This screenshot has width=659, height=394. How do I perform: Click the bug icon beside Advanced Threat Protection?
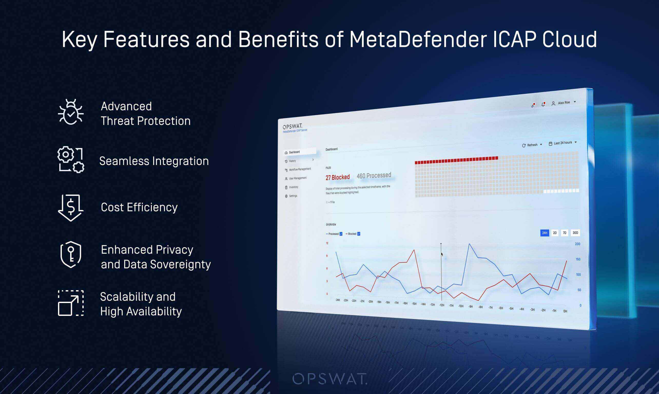[x=71, y=112]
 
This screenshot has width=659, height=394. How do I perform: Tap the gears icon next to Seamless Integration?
[x=71, y=160]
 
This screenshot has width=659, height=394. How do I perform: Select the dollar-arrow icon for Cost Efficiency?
[x=71, y=208]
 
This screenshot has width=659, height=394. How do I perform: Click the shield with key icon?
[x=71, y=254]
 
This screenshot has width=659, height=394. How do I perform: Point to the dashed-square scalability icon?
[x=71, y=303]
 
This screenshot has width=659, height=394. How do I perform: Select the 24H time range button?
[x=544, y=233]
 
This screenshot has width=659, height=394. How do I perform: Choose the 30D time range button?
[x=575, y=233]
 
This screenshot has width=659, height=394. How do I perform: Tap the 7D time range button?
[x=564, y=233]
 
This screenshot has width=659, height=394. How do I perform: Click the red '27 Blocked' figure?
[x=337, y=177]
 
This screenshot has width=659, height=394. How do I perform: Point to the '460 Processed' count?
[x=374, y=176]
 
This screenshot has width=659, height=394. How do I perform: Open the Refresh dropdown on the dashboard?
[x=532, y=145]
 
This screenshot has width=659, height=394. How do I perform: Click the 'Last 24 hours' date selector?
[x=563, y=143]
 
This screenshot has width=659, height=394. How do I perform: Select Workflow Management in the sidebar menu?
[x=299, y=169]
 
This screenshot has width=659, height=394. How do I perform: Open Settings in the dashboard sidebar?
[x=293, y=196]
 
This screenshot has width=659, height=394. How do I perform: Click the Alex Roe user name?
[x=564, y=103]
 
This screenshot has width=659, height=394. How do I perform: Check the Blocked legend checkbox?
[x=359, y=234]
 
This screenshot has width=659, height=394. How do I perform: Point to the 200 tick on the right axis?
[x=577, y=244]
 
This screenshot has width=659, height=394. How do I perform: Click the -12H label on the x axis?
[x=441, y=305]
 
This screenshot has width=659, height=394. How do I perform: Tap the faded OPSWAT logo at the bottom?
[x=329, y=379]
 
